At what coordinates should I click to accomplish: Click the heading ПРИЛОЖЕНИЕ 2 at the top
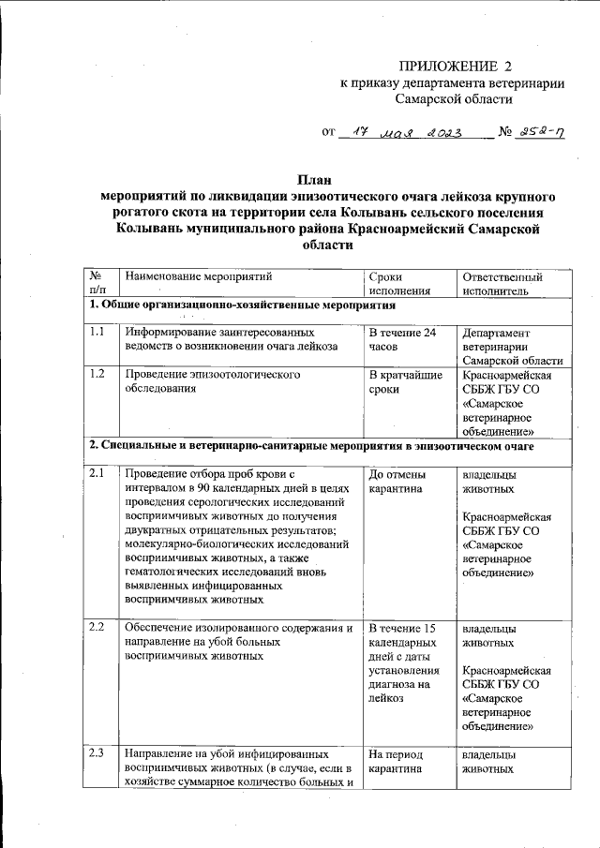coord(457,66)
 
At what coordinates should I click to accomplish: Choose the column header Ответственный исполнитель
coord(502,284)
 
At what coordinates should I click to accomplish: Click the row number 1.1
coord(97,332)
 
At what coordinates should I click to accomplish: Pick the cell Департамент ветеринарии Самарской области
coord(512,347)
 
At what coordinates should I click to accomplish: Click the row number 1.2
coord(97,375)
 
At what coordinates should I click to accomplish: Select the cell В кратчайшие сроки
coord(405,382)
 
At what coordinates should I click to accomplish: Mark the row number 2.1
coord(97,474)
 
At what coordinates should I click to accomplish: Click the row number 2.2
coord(97,626)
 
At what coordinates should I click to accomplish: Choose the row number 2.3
coord(97,752)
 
